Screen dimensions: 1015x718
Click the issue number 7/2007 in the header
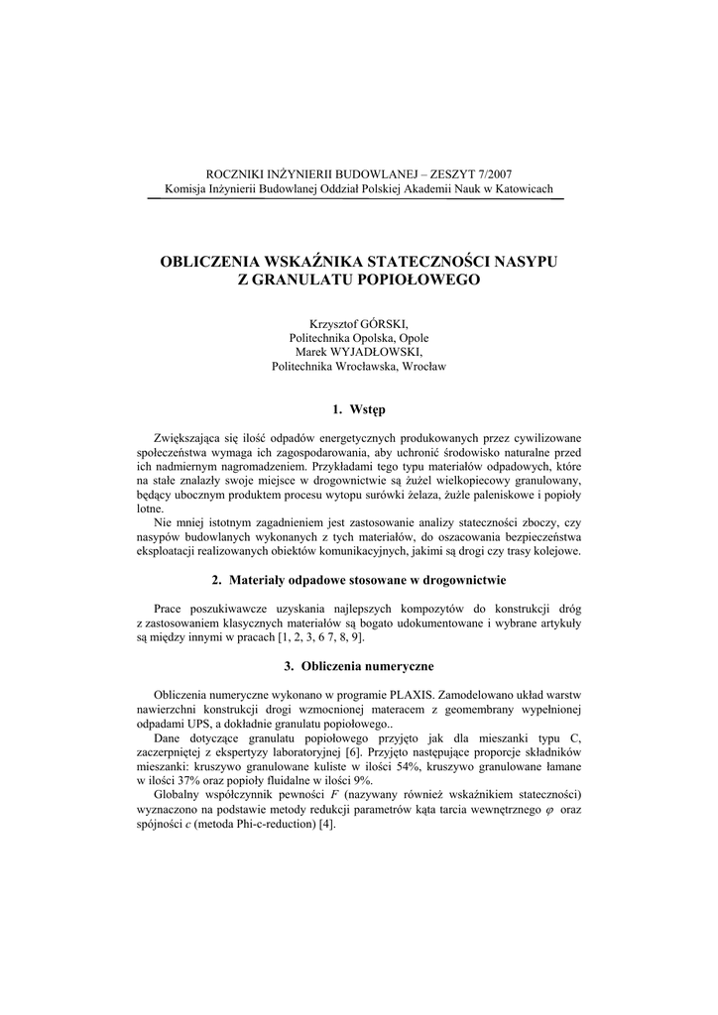coord(492,173)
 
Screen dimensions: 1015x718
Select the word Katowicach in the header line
coord(523,189)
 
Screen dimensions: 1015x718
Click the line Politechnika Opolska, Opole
coord(359,337)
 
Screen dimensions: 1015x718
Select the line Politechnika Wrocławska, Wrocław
coord(359,366)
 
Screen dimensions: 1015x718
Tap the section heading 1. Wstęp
coord(359,409)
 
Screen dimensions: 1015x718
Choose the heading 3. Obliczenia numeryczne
coord(367,666)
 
